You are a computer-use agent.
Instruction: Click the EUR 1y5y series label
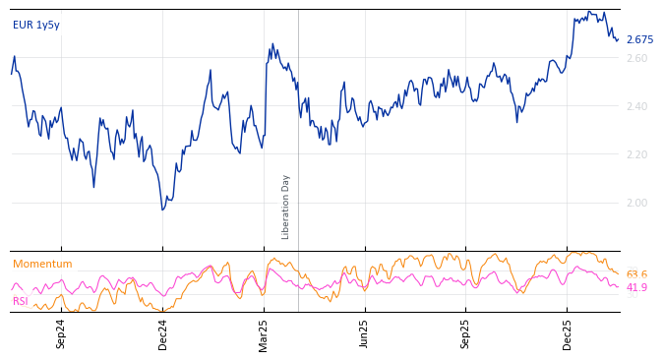pyautogui.click(x=36, y=26)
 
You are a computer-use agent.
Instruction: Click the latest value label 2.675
pyautogui.click(x=639, y=40)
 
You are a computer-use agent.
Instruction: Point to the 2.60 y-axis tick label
pyautogui.click(x=637, y=59)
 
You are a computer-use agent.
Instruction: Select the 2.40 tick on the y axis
pyautogui.click(x=637, y=107)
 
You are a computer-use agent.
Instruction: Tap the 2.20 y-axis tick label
pyautogui.click(x=637, y=155)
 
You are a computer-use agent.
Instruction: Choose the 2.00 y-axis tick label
pyautogui.click(x=637, y=204)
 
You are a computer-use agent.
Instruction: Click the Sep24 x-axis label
pyautogui.click(x=61, y=333)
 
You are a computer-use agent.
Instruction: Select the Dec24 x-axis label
pyautogui.click(x=163, y=333)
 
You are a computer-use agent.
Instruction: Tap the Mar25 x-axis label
pyautogui.click(x=265, y=333)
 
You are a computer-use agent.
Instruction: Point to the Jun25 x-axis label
pyautogui.click(x=365, y=333)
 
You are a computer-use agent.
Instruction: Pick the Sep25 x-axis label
pyautogui.click(x=466, y=333)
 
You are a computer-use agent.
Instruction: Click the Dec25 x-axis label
pyautogui.click(x=568, y=333)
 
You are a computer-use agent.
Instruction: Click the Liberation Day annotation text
pyautogui.click(x=286, y=207)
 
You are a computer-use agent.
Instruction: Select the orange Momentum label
pyautogui.click(x=42, y=265)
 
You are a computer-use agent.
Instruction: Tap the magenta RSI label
pyautogui.click(x=21, y=301)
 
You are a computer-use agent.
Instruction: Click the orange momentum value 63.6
pyautogui.click(x=636, y=275)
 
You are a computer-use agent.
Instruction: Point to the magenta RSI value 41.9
pyautogui.click(x=636, y=288)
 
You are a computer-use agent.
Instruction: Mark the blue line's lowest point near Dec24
pyautogui.click(x=163, y=210)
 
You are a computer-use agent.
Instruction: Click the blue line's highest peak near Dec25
pyautogui.click(x=588, y=12)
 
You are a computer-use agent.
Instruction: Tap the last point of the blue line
pyautogui.click(x=618, y=40)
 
